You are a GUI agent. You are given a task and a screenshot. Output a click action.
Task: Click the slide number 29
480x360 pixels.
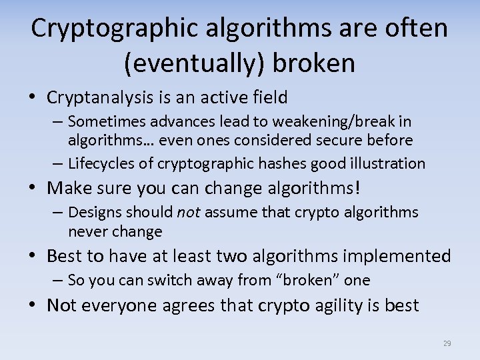(x=447, y=344)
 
